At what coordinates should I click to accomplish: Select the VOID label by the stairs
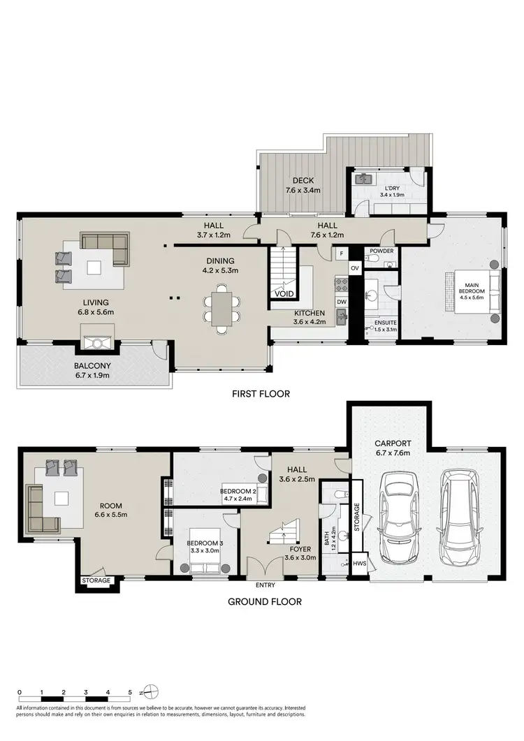click(284, 294)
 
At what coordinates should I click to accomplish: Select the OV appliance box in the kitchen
click(354, 267)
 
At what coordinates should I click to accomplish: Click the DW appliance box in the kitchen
click(341, 302)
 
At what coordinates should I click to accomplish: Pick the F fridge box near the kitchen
click(341, 252)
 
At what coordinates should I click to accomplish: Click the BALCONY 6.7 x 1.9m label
click(94, 369)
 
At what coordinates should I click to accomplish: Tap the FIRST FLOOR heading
click(261, 394)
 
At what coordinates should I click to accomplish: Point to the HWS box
click(361, 564)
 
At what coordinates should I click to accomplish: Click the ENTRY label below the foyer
click(265, 585)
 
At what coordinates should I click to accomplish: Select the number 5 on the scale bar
click(130, 692)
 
